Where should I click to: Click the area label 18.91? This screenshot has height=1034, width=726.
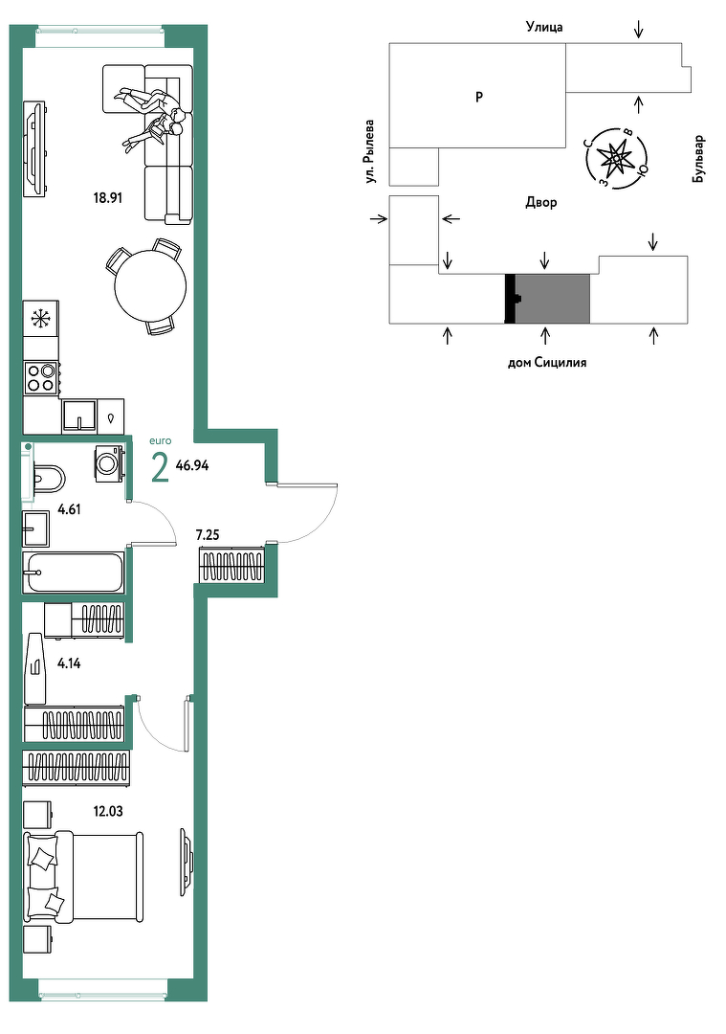pos(108,198)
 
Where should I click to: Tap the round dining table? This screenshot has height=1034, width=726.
pos(150,286)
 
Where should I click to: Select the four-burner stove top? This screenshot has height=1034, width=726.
pos(41,378)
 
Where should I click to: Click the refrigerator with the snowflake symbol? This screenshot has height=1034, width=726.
pos(41,319)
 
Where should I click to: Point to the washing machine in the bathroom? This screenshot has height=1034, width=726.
pos(109,463)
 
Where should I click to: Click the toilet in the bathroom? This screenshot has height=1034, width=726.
pos(48,478)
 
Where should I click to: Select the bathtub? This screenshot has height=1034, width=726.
pos(73,572)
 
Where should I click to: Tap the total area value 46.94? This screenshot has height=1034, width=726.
pos(192,465)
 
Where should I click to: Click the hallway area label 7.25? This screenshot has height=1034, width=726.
pos(208,535)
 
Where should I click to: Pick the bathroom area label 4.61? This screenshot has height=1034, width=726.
pos(69,509)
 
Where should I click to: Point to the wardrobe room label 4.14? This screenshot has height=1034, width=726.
pos(69,664)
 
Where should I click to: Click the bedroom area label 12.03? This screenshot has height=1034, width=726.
pos(108,812)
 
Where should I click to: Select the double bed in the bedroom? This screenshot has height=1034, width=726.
pos(83,876)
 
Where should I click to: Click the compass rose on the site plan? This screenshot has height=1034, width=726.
pos(616,158)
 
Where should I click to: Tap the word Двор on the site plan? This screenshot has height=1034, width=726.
pos(540,202)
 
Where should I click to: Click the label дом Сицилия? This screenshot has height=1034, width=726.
pos(547,362)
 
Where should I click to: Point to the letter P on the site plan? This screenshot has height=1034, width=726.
pos(479,97)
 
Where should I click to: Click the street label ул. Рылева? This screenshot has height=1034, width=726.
pos(371,151)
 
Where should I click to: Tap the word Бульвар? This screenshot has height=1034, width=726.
pos(698,160)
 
